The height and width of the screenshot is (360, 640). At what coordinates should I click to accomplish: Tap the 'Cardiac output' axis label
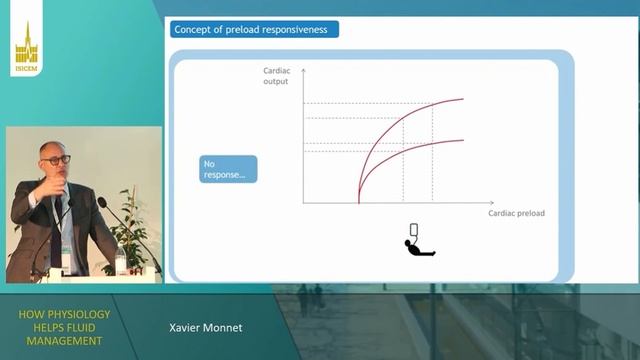pyautogui.click(x=276, y=76)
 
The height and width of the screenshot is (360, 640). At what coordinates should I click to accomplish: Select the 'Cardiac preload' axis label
pyautogui.click(x=516, y=213)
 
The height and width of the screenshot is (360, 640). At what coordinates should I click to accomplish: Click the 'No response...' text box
pyautogui.click(x=228, y=168)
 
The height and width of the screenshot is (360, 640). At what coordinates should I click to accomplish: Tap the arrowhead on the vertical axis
pyautogui.click(x=304, y=70)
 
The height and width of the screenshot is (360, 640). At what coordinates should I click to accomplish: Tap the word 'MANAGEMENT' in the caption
pyautogui.click(x=64, y=341)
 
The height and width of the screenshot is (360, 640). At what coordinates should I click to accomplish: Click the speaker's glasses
pyautogui.click(x=57, y=159)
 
